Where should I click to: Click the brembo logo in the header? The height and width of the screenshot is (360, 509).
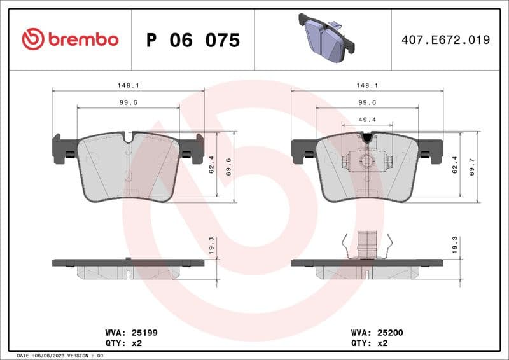coord(70,39)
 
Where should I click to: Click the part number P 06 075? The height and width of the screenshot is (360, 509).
coord(193,40)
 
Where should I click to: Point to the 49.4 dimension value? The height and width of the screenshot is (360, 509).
coord(367,120)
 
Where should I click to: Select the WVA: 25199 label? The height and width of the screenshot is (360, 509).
coord(131,332)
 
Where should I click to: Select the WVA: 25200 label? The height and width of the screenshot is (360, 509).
coord(377,332)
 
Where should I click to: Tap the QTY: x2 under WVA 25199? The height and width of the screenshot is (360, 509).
coord(123,343)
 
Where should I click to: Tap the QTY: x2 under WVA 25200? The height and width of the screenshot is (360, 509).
coord(369,343)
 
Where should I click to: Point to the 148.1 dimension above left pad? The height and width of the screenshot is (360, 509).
coord(128,85)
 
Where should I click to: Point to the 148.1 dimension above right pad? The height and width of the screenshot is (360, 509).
coord(367,85)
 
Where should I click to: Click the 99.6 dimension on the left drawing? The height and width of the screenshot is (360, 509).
coord(128,102)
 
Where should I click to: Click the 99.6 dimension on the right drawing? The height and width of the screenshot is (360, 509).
coord(367,102)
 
